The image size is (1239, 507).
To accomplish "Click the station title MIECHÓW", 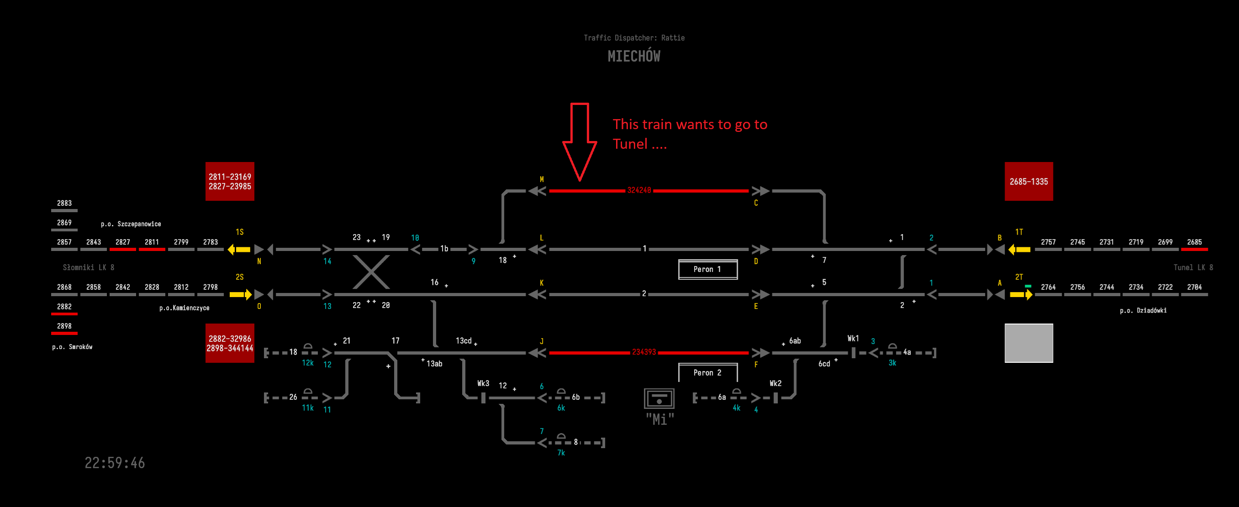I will pos(633,56).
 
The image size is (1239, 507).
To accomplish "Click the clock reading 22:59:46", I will pos(115,463).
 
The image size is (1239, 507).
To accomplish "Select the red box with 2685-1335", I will pos(1028,181).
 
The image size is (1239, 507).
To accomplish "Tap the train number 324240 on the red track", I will pos(639,190).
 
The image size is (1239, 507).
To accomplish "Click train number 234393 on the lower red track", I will pos(643,352).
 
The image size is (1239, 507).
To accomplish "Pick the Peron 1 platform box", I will pos(707,269).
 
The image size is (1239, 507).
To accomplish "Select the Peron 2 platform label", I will pos(707,372).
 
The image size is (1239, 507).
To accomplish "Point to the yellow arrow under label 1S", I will pos(239,250).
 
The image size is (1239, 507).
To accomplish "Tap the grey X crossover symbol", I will pos(371,272).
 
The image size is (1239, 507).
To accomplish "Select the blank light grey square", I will pos(1028,343).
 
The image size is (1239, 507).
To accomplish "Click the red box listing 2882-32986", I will pos(229,343).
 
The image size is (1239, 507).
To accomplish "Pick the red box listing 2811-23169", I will pos(229,181).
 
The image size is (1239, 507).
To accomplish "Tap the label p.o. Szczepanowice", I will pos(131,224).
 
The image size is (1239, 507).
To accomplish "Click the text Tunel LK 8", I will pos(1193,267).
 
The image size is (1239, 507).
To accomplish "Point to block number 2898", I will pos(64,326).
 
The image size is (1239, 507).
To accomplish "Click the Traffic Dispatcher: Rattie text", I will pos(634,37).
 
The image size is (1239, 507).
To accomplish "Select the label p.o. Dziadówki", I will pos(1143,310).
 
